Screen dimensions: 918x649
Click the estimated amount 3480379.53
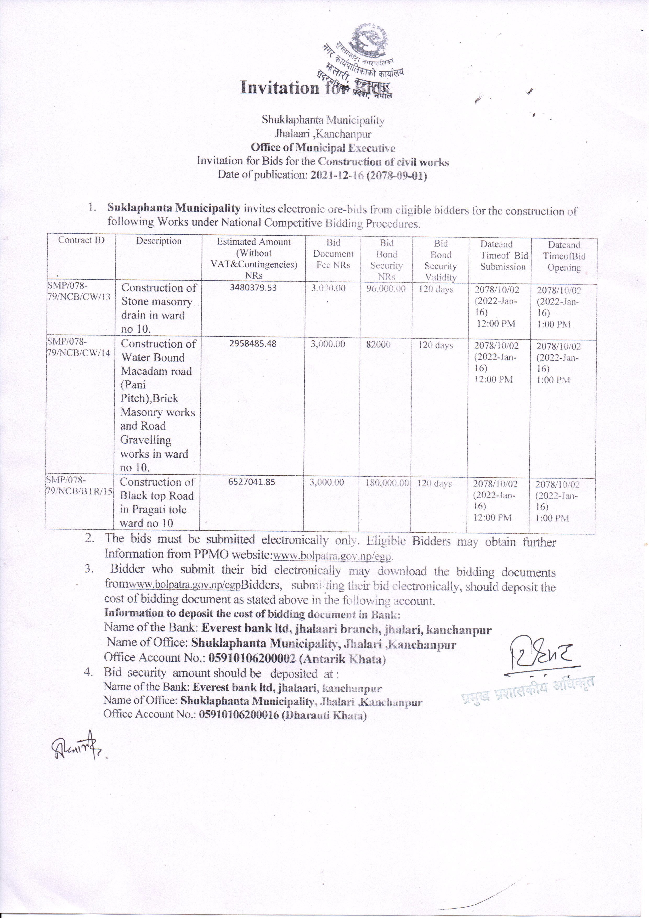pyautogui.click(x=253, y=288)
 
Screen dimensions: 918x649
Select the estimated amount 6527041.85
pyautogui.click(x=252, y=482)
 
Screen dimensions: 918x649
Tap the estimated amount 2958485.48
pyautogui.click(x=252, y=344)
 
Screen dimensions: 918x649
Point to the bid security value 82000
pyautogui.click(x=378, y=345)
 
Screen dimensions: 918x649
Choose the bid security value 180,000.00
pyautogui.click(x=387, y=483)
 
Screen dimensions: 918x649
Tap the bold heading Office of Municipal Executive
pyautogui.click(x=323, y=148)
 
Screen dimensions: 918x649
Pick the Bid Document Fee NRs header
pyautogui.click(x=333, y=254)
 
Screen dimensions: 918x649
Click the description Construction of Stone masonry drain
pyautogui.click(x=158, y=308)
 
